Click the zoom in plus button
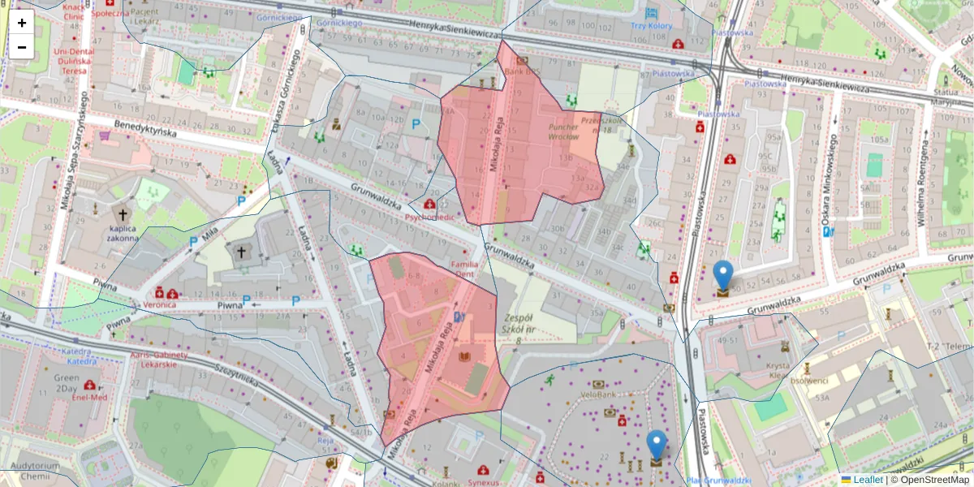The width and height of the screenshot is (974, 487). pyautogui.click(x=22, y=23)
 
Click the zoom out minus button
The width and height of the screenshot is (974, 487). pyautogui.click(x=22, y=47)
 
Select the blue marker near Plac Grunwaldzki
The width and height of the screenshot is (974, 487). pyautogui.click(x=657, y=446)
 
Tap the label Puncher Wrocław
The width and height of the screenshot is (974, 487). pyautogui.click(x=563, y=131)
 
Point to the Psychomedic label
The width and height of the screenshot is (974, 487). pyautogui.click(x=429, y=218)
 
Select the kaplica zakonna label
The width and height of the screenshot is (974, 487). pyautogui.click(x=123, y=234)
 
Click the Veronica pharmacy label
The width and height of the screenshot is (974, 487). pyautogui.click(x=160, y=304)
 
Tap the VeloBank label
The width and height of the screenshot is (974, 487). pyautogui.click(x=599, y=395)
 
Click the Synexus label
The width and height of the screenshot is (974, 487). pyautogui.click(x=484, y=482)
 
